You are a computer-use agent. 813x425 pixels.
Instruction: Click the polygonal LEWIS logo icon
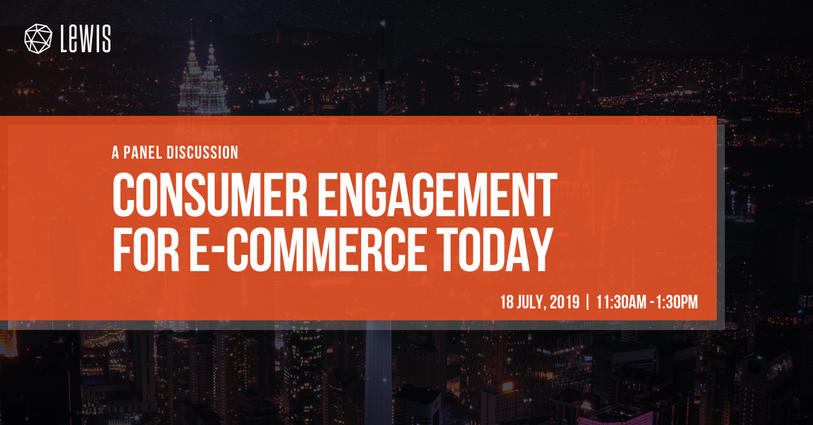[38, 39]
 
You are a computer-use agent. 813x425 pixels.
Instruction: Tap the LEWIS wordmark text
[85, 39]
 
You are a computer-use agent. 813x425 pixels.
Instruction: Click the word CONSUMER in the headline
[210, 195]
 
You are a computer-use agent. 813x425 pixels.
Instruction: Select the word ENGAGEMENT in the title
[438, 195]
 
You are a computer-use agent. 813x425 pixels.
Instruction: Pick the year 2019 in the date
[564, 302]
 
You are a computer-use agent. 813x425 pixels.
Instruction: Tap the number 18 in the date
[506, 302]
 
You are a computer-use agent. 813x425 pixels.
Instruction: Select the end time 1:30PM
[677, 302]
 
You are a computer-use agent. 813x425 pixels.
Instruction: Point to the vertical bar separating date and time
[587, 302]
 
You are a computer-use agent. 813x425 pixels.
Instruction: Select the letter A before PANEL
[115, 153]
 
